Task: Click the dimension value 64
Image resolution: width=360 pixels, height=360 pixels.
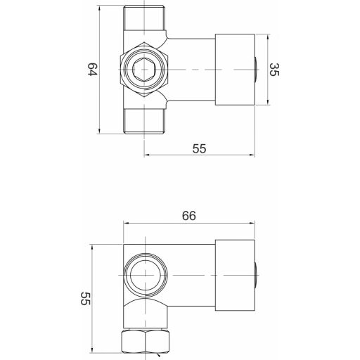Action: point(92,69)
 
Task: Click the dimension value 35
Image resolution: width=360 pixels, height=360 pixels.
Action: point(274,70)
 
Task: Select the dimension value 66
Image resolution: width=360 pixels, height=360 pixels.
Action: point(189,216)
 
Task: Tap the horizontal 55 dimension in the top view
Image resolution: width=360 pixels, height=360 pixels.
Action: point(199,148)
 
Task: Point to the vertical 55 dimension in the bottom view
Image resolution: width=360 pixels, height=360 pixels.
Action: point(85,298)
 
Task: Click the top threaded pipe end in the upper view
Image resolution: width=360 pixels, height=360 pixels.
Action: point(144,18)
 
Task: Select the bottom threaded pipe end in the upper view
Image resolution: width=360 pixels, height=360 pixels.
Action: point(144,122)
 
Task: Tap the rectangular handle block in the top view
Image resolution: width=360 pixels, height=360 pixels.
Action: point(235,70)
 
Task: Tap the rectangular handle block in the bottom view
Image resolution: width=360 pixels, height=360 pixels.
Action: point(235,275)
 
